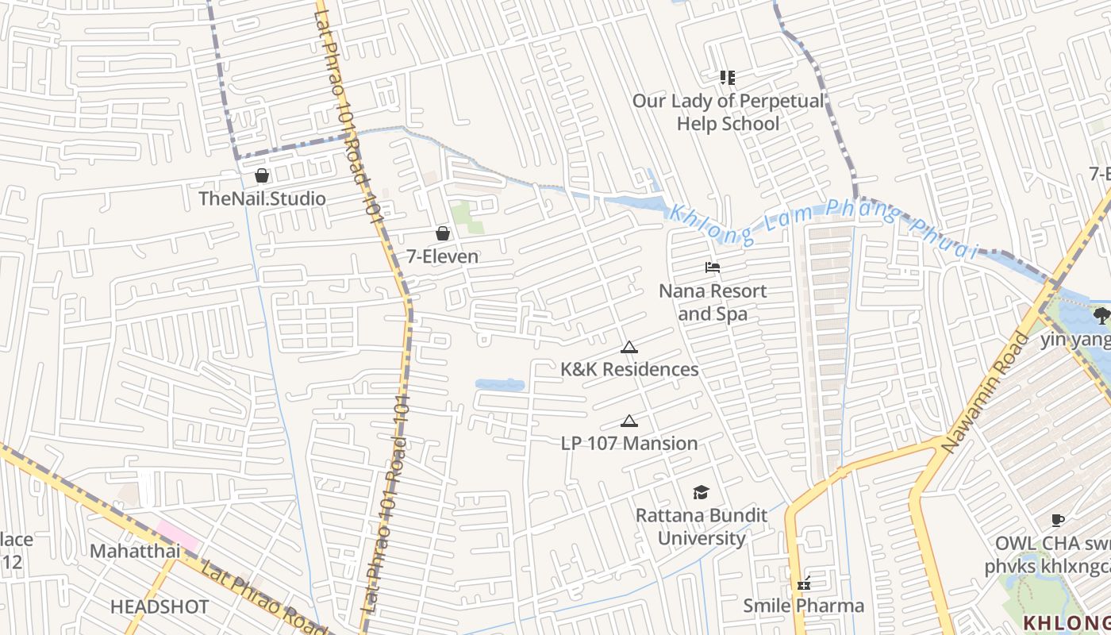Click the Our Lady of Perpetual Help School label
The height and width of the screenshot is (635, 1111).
[x=728, y=113]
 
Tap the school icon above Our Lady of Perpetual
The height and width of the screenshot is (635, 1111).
[x=728, y=78]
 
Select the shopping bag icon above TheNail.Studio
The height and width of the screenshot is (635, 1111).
[x=262, y=175]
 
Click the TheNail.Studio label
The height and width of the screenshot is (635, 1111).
[x=262, y=198]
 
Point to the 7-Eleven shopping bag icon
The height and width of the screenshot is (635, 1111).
[x=443, y=233]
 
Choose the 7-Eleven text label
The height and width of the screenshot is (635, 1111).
[x=443, y=256]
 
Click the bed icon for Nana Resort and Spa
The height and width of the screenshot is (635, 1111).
[x=713, y=267]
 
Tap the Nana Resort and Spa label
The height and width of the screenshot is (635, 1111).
[x=713, y=302]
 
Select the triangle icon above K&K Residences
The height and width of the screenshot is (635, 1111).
[x=629, y=347]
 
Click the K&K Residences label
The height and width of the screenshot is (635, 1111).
[x=629, y=369]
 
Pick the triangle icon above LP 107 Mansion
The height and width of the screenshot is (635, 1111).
[x=629, y=421]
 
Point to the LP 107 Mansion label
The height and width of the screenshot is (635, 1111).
[x=629, y=443]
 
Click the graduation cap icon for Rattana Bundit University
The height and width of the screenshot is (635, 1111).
[x=701, y=493]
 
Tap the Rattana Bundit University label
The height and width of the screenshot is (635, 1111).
[x=702, y=527]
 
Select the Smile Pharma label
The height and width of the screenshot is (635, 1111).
[x=803, y=606]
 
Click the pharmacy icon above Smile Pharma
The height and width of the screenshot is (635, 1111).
[x=804, y=583]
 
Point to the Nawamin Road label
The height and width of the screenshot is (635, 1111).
[x=986, y=394]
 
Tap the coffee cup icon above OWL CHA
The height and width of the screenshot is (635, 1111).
[x=1057, y=521]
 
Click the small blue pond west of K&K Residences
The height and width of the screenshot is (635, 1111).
[x=500, y=385]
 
